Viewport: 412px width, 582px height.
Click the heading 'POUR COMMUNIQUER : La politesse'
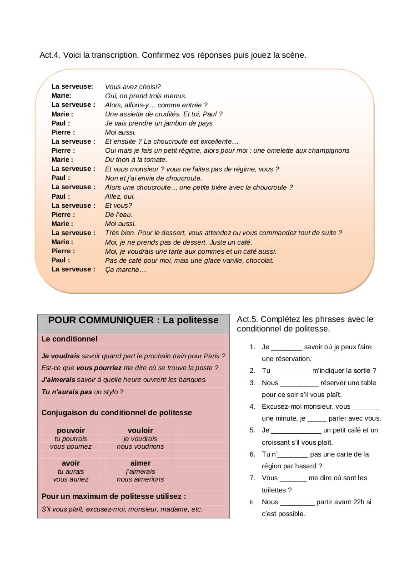tap(133, 320)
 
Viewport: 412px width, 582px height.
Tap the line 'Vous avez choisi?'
tap(133, 87)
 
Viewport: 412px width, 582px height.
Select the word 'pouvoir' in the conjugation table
tap(70, 430)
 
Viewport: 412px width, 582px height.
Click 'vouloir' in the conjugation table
tap(140, 430)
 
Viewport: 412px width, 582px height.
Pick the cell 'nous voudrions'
tap(140, 447)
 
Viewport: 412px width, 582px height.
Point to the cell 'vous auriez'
tap(70, 479)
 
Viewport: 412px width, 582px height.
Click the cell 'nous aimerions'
tap(140, 479)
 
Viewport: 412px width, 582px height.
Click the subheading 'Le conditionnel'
tap(69, 339)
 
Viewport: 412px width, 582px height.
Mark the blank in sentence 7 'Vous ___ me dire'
tap(293, 478)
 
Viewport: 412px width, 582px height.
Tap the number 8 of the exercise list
tap(251, 502)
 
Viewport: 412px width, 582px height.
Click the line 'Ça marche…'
tap(126, 270)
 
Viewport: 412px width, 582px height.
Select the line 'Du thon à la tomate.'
tap(136, 160)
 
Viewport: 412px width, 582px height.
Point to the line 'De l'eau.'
tap(119, 215)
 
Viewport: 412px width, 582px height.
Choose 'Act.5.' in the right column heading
tap(247, 319)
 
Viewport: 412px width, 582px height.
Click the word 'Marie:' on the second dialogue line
tap(61, 95)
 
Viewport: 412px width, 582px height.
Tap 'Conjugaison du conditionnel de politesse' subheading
tap(116, 413)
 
